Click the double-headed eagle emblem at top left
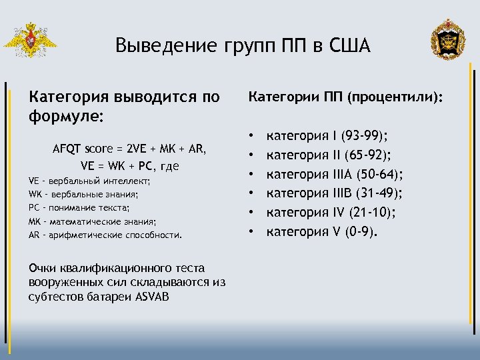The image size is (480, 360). coord(29,41)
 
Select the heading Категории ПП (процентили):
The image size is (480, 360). coord(345,98)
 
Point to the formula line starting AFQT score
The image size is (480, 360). coord(129,149)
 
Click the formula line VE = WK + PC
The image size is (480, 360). coord(129,165)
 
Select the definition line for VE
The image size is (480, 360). coord(90,181)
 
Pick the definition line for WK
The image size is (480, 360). coord(84,194)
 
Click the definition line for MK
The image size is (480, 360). coord(93,221)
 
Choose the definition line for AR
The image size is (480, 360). coord(105,235)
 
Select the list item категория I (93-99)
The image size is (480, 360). coord(327,137)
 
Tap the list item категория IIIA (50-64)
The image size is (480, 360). coord(335,175)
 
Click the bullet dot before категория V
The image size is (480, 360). coord(253,232)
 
